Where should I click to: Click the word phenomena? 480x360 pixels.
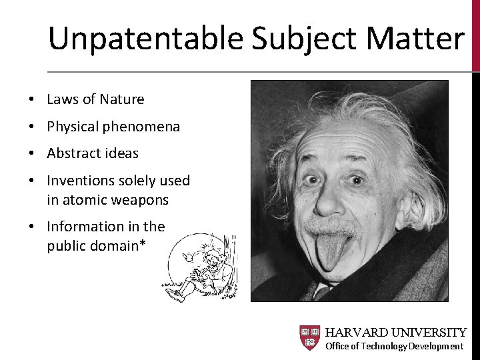[x=143, y=127]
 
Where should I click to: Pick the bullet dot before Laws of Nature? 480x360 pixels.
[x=31, y=100]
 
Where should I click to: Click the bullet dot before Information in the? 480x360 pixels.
[x=31, y=227]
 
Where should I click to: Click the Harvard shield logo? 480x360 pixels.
[x=309, y=338]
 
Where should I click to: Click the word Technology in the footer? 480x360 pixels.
[x=384, y=346]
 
